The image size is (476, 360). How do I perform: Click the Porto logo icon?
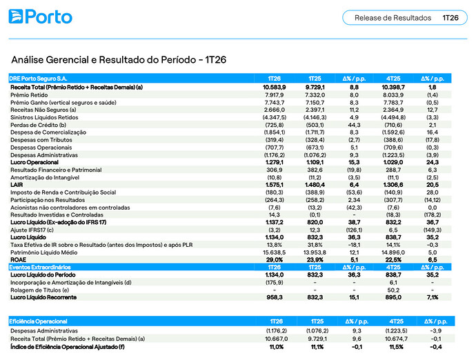click(16, 17)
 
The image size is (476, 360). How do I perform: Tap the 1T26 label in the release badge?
click(450, 18)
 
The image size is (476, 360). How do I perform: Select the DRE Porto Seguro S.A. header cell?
click(38, 79)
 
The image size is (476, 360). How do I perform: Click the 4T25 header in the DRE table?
click(393, 79)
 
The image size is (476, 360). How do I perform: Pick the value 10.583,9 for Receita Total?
click(275, 88)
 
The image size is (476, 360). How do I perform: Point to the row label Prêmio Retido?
click(29, 95)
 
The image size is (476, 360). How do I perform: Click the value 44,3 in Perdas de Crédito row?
click(354, 125)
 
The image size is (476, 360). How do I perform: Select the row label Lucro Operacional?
click(34, 162)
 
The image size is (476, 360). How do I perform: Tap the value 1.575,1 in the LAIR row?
click(275, 185)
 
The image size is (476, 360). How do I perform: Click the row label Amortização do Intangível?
click(45, 177)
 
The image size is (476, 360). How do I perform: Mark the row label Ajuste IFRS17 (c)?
click(32, 230)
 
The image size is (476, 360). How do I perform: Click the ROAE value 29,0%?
click(275, 260)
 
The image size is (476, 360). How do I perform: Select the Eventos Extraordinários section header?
click(40, 268)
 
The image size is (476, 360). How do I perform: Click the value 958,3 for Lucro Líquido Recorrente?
click(275, 297)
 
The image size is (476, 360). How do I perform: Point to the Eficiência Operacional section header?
click(38, 321)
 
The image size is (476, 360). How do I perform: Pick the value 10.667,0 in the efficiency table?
click(276, 339)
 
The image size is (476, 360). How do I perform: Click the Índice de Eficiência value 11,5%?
click(396, 347)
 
